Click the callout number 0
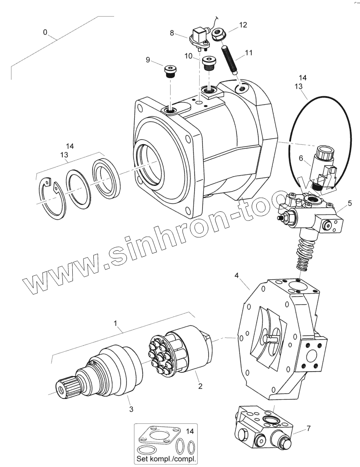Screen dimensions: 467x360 pyautogui.click(x=45, y=32)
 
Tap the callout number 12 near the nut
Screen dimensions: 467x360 pyautogui.click(x=243, y=25)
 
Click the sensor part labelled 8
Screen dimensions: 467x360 pyautogui.click(x=199, y=36)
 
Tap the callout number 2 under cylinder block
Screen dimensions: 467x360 pyautogui.click(x=200, y=386)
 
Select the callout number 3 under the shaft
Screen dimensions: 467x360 pyautogui.click(x=131, y=409)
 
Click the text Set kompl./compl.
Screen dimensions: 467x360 pyautogui.click(x=166, y=459)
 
